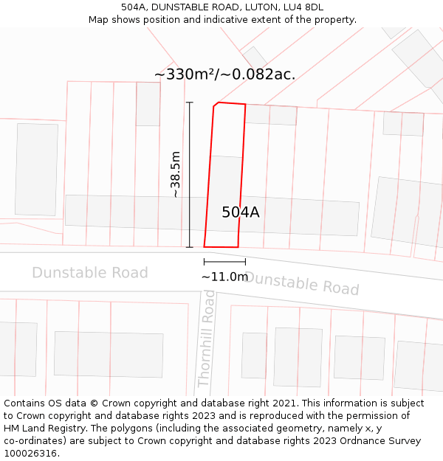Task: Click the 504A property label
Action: tap(241, 212)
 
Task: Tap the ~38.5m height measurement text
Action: tap(176, 175)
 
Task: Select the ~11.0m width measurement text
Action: tap(224, 277)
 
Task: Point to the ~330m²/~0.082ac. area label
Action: tap(224, 74)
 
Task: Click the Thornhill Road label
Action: tap(206, 339)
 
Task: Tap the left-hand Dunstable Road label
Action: tap(90, 273)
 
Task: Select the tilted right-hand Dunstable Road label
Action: tap(302, 283)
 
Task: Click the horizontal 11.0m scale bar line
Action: tap(224, 261)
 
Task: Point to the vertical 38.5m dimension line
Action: tap(190, 175)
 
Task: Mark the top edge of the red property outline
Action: tap(230, 103)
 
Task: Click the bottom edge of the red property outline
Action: tap(221, 247)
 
